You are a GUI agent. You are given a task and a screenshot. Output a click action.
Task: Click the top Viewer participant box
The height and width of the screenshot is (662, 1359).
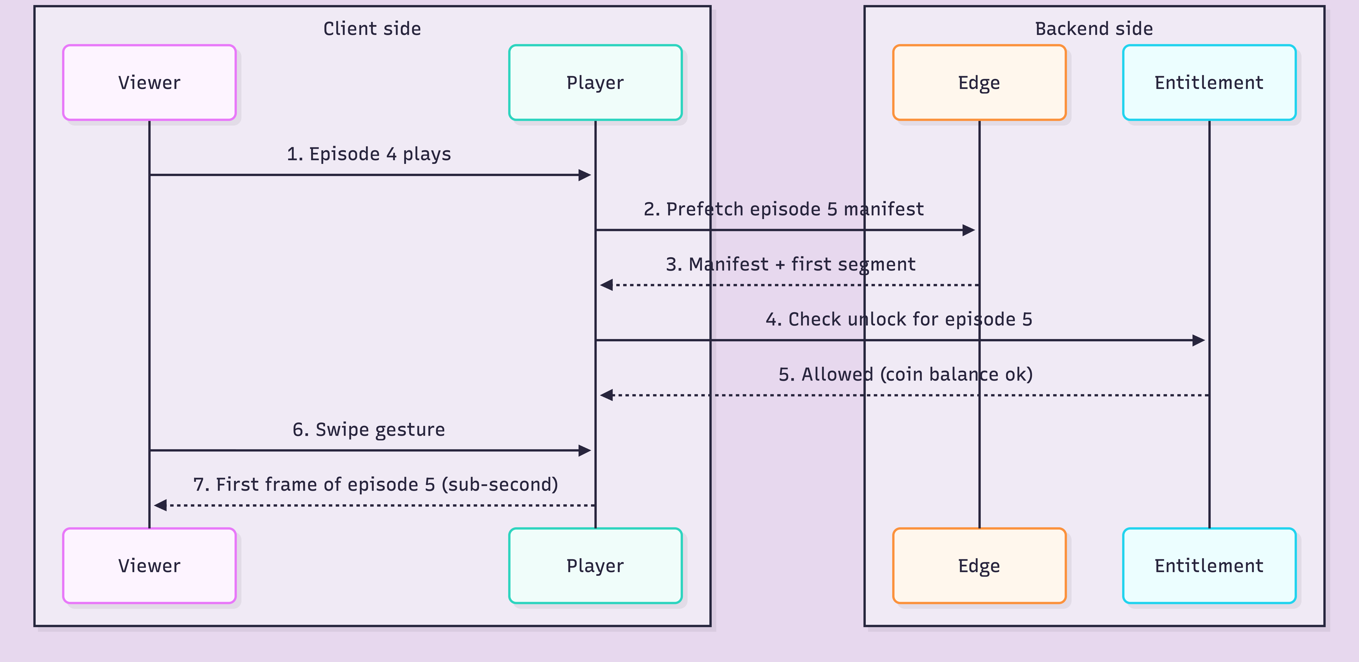click(149, 83)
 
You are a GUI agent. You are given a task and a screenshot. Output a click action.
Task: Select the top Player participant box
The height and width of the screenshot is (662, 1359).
click(595, 83)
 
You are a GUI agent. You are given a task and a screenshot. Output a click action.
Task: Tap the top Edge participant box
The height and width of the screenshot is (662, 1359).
click(979, 83)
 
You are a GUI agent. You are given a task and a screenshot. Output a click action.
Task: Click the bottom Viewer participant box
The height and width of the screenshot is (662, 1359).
click(149, 565)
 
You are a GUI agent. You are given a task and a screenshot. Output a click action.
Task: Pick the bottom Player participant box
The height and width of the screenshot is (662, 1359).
click(595, 565)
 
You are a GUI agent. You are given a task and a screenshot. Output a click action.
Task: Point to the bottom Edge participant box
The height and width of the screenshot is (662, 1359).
click(979, 565)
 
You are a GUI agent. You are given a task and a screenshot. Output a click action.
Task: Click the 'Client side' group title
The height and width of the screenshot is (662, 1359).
click(372, 29)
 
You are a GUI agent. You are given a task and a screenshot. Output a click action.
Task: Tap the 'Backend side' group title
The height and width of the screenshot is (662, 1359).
click(1094, 29)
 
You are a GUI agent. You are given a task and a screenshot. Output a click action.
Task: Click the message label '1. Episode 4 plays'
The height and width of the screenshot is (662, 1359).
click(369, 154)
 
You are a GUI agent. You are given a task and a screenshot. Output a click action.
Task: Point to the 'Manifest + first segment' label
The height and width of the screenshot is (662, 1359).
click(790, 264)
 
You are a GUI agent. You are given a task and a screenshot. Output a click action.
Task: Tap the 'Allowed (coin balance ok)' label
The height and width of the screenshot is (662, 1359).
click(905, 374)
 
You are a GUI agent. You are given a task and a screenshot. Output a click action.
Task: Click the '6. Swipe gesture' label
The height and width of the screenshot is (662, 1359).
click(369, 430)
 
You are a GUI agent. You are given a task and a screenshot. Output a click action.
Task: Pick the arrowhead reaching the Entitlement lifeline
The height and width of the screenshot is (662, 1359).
click(1199, 340)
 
